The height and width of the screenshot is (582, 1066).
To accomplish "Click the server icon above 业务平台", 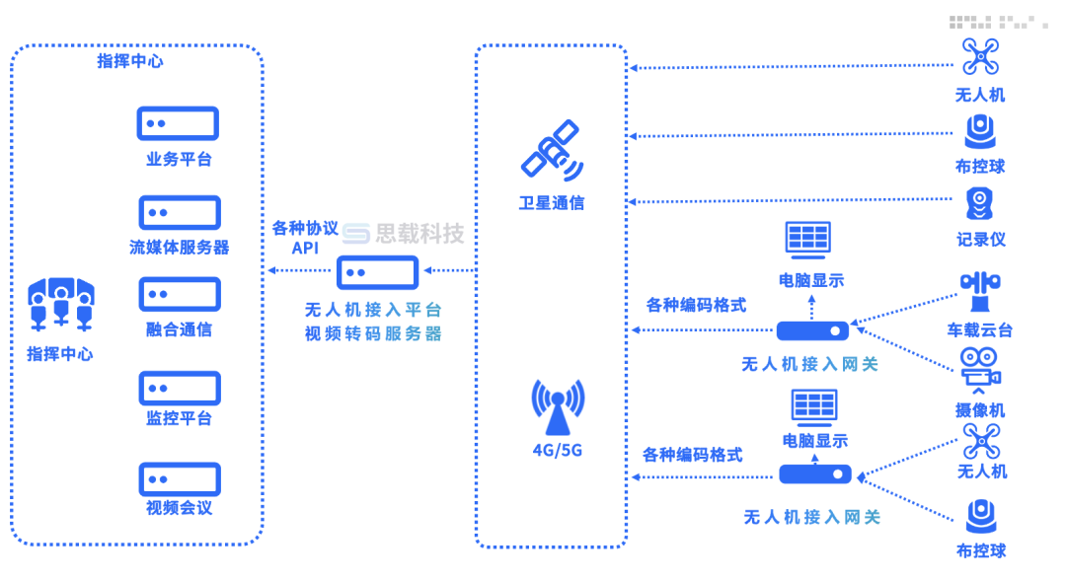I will (x=178, y=123).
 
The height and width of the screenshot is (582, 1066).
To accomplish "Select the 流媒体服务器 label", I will (x=180, y=247).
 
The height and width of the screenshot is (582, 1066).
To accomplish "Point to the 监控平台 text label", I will (x=180, y=417).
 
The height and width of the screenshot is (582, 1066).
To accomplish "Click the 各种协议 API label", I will (x=305, y=238).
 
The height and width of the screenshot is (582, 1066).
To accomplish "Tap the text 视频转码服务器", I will (x=373, y=333).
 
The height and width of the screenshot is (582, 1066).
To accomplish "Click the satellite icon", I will (x=552, y=151).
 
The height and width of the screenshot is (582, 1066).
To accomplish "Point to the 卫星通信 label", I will (x=552, y=203).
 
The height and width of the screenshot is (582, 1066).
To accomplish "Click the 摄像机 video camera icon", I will (x=980, y=369).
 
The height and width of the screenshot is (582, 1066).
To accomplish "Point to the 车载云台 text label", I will (x=980, y=329).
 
